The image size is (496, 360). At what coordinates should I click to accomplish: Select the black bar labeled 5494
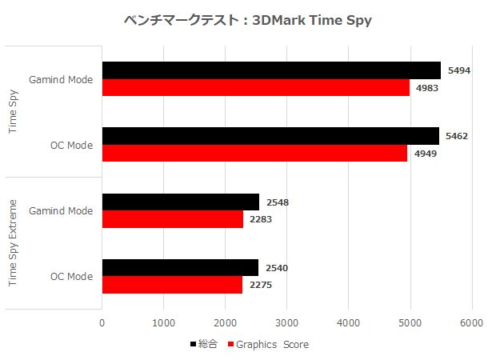[x=271, y=70]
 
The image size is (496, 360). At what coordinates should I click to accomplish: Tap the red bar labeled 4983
[x=255, y=87]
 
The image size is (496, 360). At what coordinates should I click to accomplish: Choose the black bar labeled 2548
[x=181, y=202]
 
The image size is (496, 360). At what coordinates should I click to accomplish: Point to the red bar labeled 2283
[x=173, y=218]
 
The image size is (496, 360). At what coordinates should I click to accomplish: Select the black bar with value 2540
[x=180, y=267]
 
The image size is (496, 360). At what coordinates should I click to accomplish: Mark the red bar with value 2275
[x=172, y=284]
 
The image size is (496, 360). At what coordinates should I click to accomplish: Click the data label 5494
[x=458, y=70]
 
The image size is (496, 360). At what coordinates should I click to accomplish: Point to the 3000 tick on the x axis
[x=286, y=322]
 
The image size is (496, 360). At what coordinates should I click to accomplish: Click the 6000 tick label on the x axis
[x=471, y=322]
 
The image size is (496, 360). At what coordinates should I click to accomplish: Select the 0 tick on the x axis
[x=102, y=322]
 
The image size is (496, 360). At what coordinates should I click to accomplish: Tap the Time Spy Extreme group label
[x=14, y=243]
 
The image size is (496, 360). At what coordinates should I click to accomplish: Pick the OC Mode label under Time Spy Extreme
[x=71, y=276]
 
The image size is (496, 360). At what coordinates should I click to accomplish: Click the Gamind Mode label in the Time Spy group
[x=61, y=79]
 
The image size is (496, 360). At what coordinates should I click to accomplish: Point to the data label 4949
[x=426, y=153]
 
